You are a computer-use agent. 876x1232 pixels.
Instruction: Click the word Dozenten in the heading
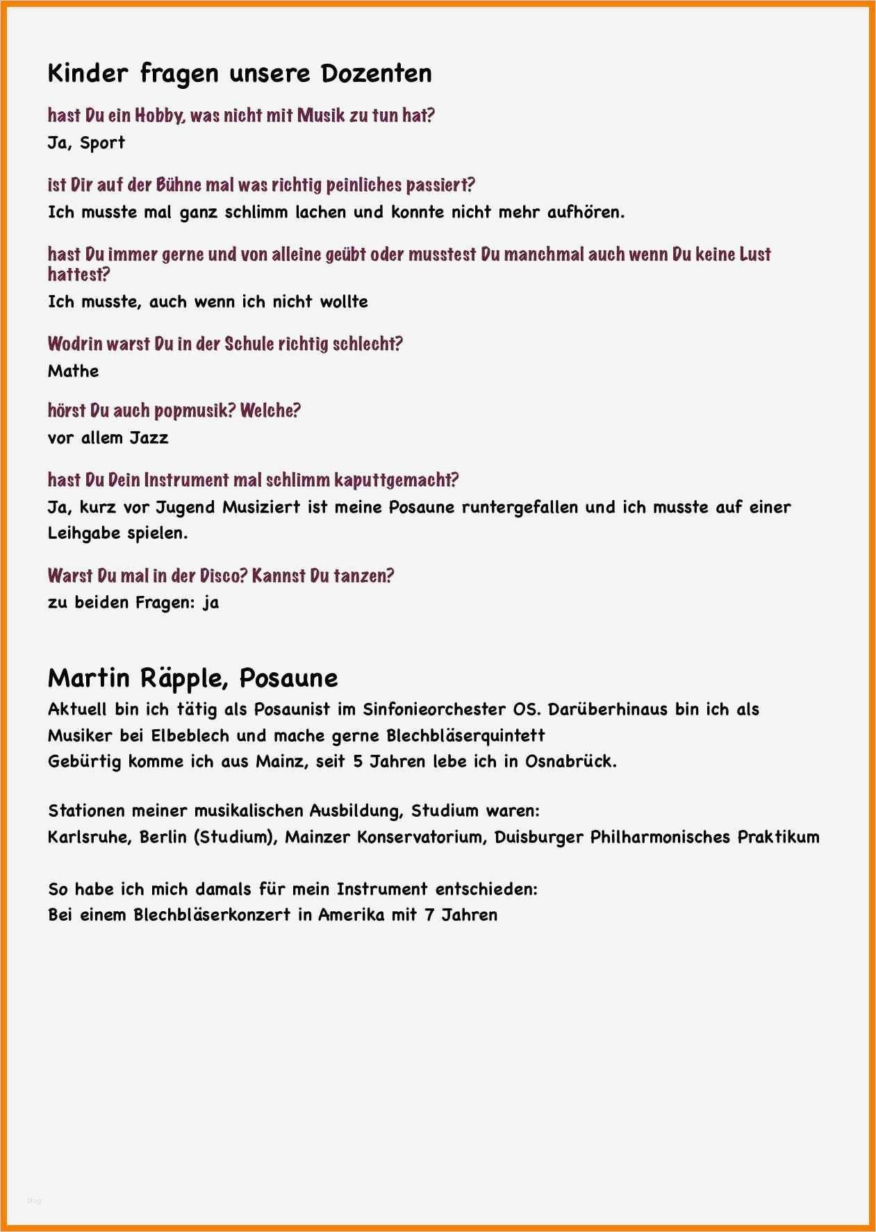click(376, 73)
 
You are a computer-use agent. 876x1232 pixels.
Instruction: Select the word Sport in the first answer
click(102, 143)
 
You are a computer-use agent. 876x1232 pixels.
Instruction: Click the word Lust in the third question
click(755, 254)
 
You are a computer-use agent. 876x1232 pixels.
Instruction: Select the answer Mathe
click(73, 371)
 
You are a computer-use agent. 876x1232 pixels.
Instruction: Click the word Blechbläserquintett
click(465, 735)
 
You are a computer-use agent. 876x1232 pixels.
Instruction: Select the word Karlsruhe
click(89, 837)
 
